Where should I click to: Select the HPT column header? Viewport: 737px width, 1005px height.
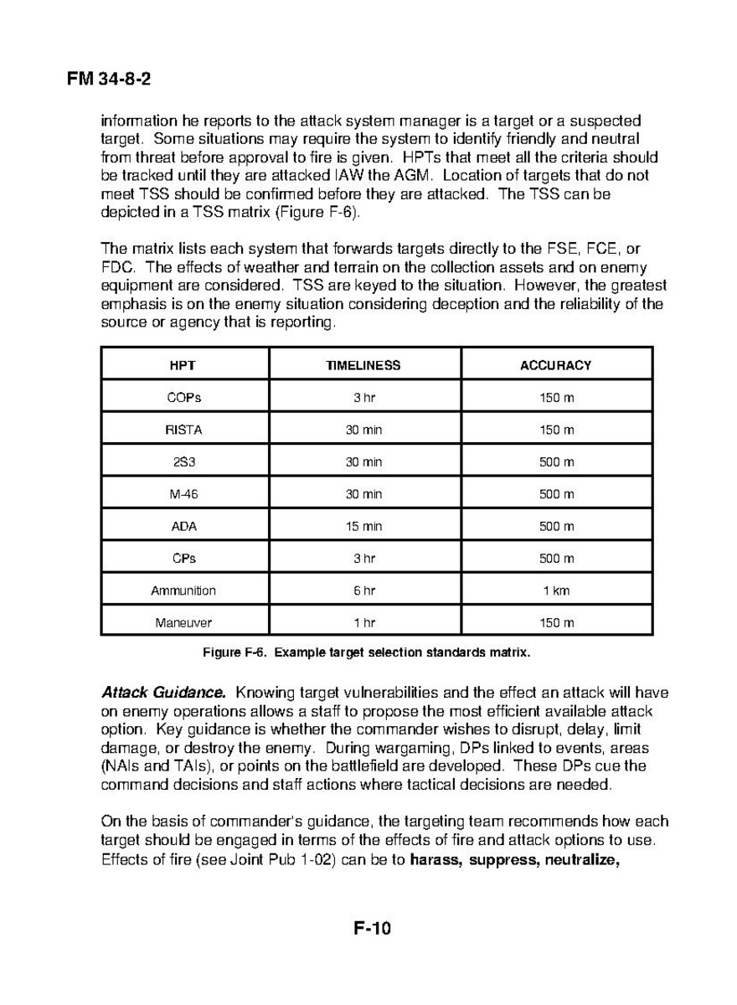pyautogui.click(x=183, y=365)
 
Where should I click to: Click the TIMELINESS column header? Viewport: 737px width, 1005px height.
pyautogui.click(x=363, y=365)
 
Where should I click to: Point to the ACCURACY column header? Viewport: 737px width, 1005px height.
pyautogui.click(x=556, y=365)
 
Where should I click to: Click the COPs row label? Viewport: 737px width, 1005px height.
pyautogui.click(x=183, y=398)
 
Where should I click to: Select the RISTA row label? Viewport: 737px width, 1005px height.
pyautogui.click(x=183, y=430)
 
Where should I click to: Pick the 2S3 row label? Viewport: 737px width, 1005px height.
pyautogui.click(x=183, y=462)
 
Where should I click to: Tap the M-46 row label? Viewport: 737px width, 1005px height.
pyautogui.click(x=183, y=494)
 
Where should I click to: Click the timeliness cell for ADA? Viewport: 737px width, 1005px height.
pyautogui.click(x=363, y=527)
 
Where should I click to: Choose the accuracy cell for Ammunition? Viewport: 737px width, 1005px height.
pyautogui.click(x=556, y=590)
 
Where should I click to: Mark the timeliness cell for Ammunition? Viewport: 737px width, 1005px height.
pyautogui.click(x=363, y=590)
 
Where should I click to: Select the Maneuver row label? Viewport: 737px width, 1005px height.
pyautogui.click(x=183, y=623)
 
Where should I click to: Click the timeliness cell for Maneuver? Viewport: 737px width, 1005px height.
pyautogui.click(x=363, y=623)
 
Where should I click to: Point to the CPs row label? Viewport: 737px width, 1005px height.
pyautogui.click(x=183, y=559)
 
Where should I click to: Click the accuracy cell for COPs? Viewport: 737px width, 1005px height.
pyautogui.click(x=556, y=398)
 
